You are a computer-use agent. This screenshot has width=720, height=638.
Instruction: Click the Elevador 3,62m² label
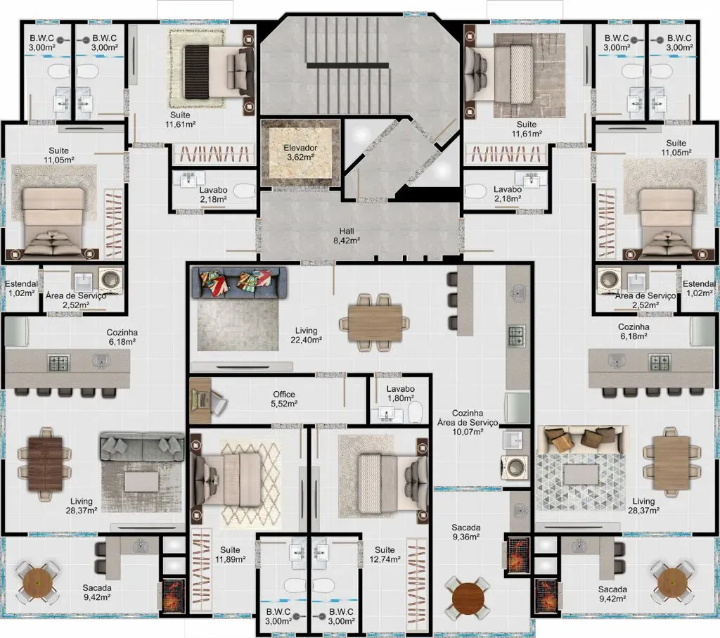point(300,153)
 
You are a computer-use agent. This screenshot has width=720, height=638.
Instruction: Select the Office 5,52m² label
point(284,399)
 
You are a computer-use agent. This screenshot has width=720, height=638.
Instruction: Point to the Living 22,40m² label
point(307,335)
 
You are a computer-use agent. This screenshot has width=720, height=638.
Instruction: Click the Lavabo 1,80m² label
point(400,393)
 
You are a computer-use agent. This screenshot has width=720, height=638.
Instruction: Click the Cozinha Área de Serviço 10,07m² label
point(467,422)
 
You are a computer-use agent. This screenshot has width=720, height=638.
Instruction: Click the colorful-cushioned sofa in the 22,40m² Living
point(239,283)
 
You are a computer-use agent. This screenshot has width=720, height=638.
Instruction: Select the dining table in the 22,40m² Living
point(373,321)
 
